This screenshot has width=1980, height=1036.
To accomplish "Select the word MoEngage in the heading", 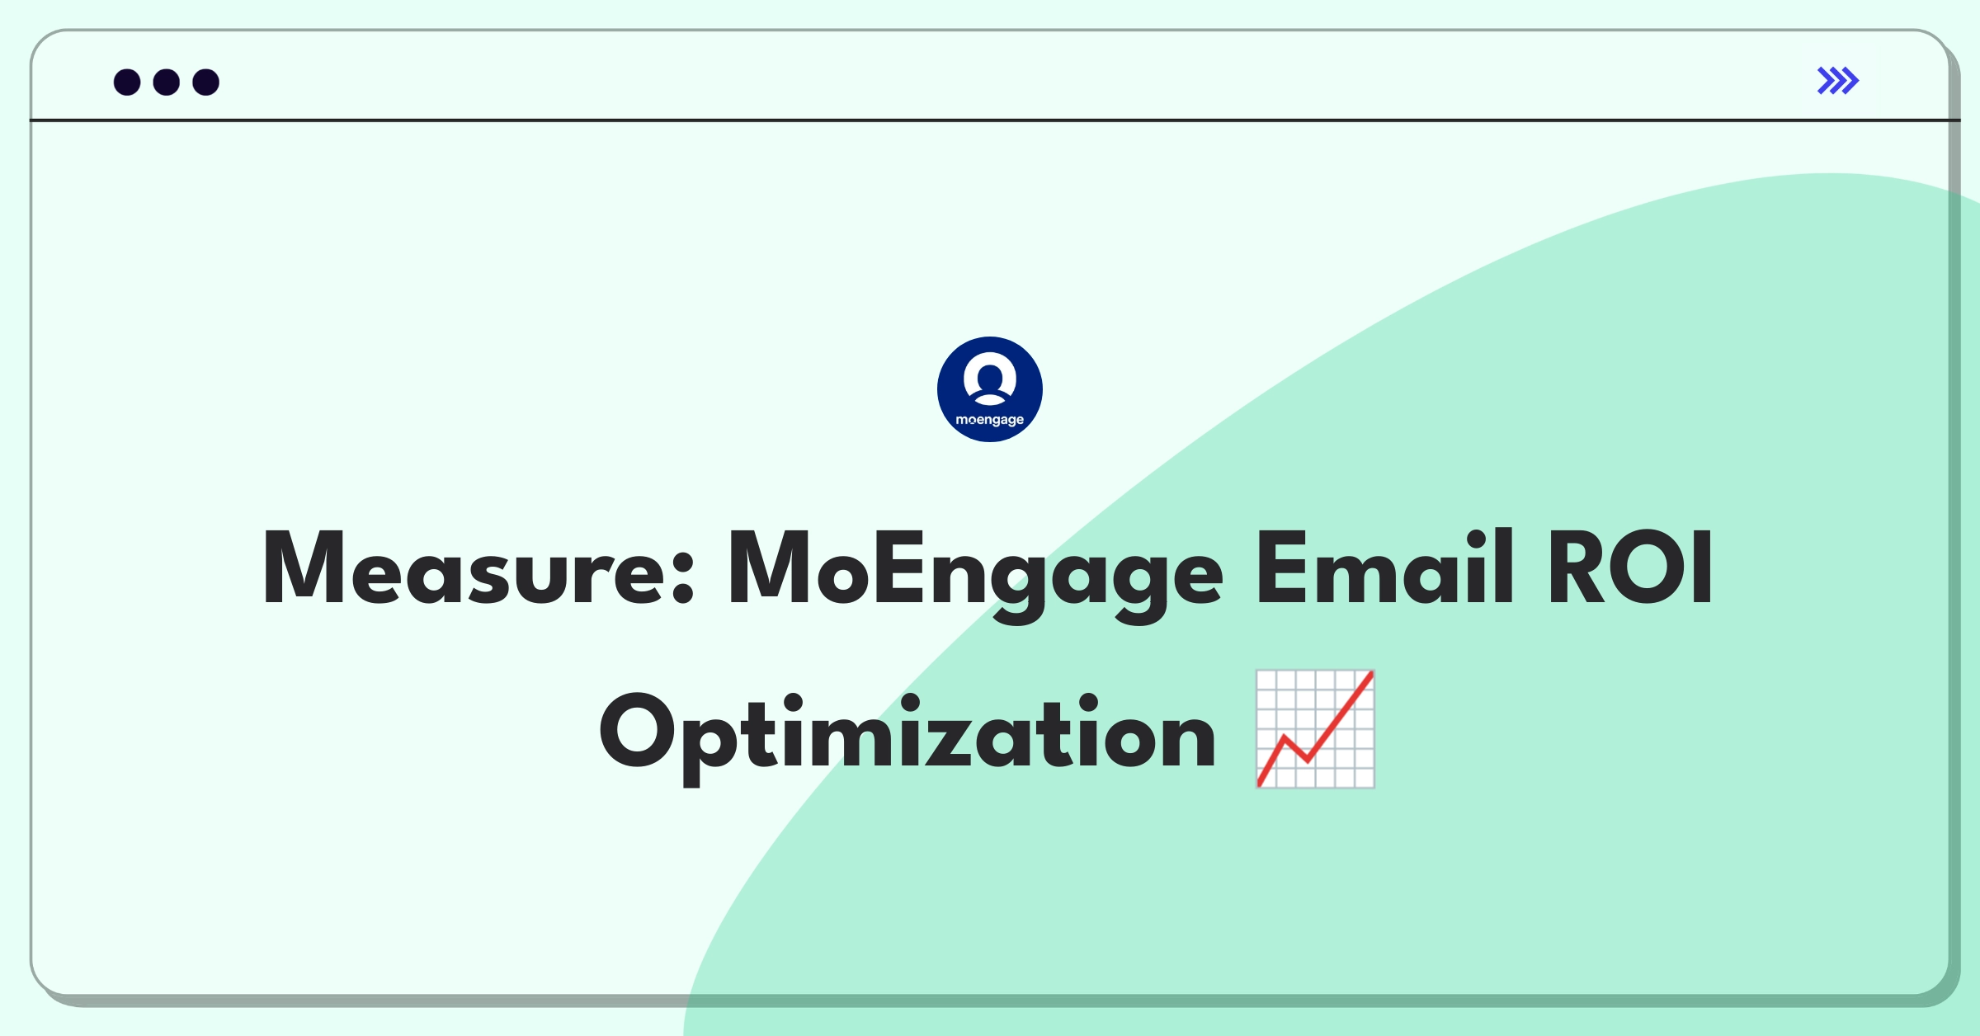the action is point(975,575).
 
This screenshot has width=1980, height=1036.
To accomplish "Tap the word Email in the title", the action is point(1384,567).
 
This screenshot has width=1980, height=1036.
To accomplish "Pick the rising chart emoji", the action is point(1315,729).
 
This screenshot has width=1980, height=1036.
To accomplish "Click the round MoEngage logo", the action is point(990,389).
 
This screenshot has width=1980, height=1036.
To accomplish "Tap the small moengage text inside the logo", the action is point(990,421).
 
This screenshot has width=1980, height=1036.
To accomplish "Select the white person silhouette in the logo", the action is point(990,379).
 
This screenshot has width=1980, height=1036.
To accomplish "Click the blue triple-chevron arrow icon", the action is point(1838,81).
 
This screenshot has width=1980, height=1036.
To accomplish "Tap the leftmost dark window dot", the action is point(127,82).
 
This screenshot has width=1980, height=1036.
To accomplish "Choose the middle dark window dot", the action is point(167,82).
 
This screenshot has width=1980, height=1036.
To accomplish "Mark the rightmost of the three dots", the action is point(206,82).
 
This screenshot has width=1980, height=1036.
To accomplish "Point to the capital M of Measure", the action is point(304,567).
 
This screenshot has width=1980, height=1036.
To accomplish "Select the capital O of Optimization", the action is point(638,731).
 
